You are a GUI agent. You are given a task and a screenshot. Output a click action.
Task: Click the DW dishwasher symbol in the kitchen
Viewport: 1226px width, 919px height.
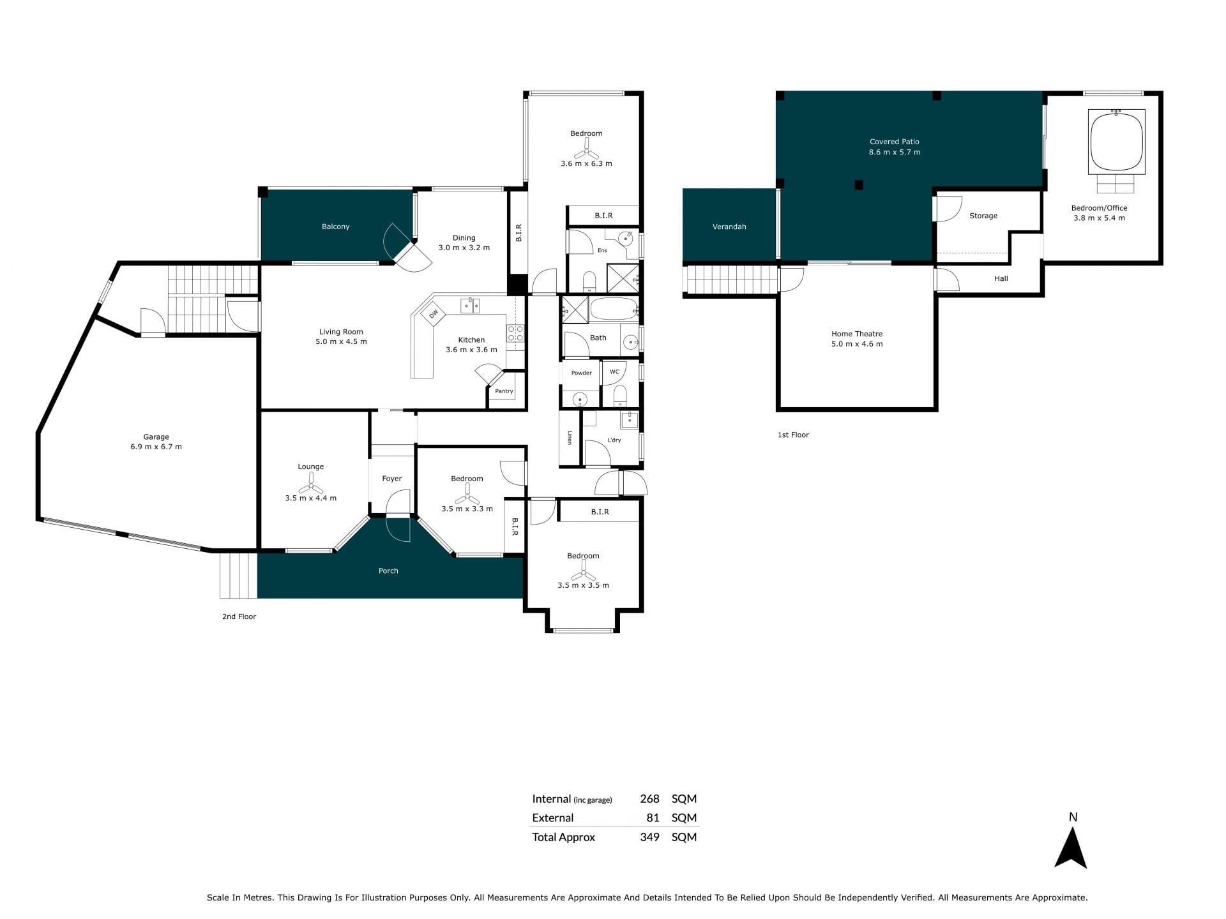click(434, 314)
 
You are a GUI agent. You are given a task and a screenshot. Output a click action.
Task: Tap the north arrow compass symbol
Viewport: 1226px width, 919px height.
click(1071, 847)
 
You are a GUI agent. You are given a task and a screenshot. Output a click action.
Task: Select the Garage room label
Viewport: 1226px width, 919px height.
click(156, 437)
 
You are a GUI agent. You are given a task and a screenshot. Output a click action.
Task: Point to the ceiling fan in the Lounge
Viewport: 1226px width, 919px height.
click(311, 487)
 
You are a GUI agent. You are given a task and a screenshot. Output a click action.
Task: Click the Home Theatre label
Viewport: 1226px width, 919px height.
click(857, 334)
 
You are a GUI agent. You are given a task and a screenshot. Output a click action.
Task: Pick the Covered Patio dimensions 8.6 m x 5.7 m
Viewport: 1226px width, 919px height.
click(895, 153)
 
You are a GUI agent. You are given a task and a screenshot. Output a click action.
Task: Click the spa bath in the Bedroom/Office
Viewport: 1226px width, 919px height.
click(1117, 142)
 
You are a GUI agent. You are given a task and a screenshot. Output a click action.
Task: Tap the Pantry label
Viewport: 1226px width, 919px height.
click(504, 391)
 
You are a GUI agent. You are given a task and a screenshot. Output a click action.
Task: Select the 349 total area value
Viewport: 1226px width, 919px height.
click(649, 837)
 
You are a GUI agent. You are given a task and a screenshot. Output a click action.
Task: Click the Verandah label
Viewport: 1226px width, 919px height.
click(729, 227)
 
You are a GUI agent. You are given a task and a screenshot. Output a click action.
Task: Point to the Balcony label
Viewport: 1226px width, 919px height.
click(336, 227)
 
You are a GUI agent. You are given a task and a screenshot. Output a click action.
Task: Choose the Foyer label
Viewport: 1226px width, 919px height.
click(392, 479)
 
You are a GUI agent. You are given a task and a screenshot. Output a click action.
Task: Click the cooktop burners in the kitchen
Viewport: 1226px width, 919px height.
click(515, 333)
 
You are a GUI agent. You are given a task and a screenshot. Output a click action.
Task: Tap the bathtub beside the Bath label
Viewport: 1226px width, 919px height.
click(613, 310)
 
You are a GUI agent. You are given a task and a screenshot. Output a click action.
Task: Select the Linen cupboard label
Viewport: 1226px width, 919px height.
click(570, 437)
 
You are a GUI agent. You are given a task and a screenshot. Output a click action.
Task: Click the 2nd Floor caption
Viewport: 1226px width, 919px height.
click(239, 616)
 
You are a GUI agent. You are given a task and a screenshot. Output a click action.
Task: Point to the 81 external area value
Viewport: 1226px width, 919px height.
click(653, 818)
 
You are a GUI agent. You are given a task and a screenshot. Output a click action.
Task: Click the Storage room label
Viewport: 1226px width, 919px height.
click(983, 216)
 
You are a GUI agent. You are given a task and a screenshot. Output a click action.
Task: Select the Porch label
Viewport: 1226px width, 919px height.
click(388, 571)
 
